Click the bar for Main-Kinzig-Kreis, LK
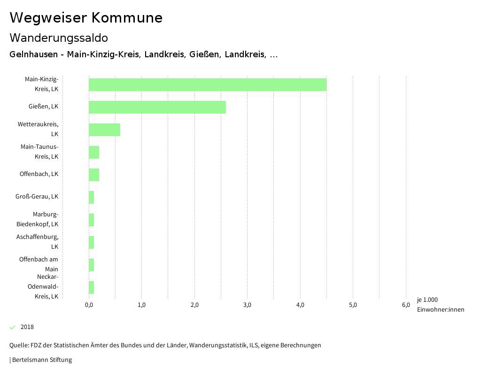pos(208,84)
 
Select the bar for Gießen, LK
pos(157,107)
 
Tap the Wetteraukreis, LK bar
pos(104,130)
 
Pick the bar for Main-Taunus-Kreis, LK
pos(94,152)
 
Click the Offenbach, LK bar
pos(94,175)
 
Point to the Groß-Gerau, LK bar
pos(92,197)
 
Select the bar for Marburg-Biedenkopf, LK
pos(92,220)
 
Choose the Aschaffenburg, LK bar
pos(92,242)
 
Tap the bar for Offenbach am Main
pos(92,265)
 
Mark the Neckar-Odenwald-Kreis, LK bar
pos(92,287)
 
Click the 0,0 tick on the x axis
pos(89,305)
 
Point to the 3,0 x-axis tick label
pos(248,305)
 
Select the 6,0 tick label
pos(406,305)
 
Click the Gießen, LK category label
pos(43,107)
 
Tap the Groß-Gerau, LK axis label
pos(37,196)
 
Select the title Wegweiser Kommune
pos(86,18)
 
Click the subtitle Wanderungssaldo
pos(59,38)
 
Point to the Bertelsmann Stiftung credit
pos(41,360)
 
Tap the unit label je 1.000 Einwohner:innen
pos(440,305)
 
